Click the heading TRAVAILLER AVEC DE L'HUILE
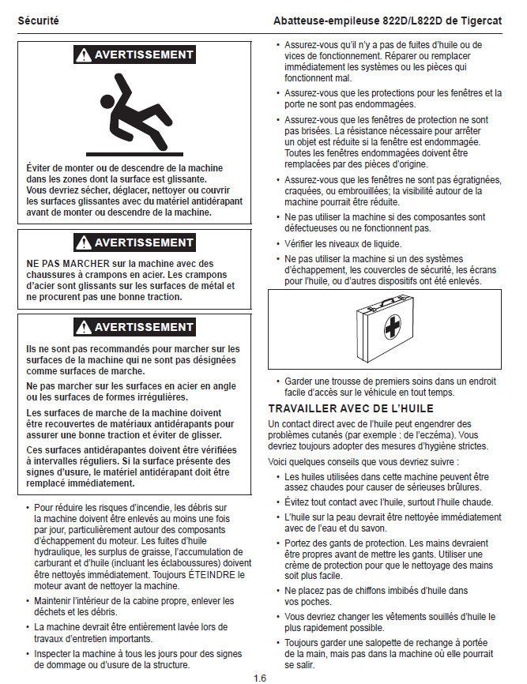pos(350,408)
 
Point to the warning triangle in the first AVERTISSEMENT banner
pos(83,55)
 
